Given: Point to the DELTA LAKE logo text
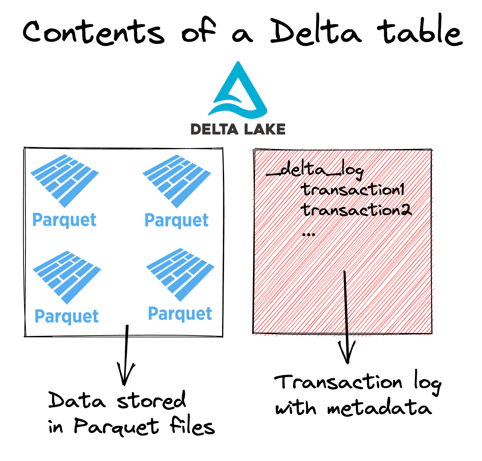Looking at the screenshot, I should [238, 129].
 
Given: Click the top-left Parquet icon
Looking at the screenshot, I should [64, 180].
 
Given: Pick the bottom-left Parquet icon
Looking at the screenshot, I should [67, 276].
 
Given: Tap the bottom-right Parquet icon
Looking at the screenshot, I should [180, 274].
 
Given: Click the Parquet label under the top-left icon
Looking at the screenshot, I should [64, 220].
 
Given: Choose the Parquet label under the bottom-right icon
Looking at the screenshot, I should [180, 314].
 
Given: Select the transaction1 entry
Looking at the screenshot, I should [352, 190].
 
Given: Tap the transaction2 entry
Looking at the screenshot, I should [356, 210].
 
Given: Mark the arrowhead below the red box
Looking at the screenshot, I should [347, 353].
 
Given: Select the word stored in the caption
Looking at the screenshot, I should [151, 400].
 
